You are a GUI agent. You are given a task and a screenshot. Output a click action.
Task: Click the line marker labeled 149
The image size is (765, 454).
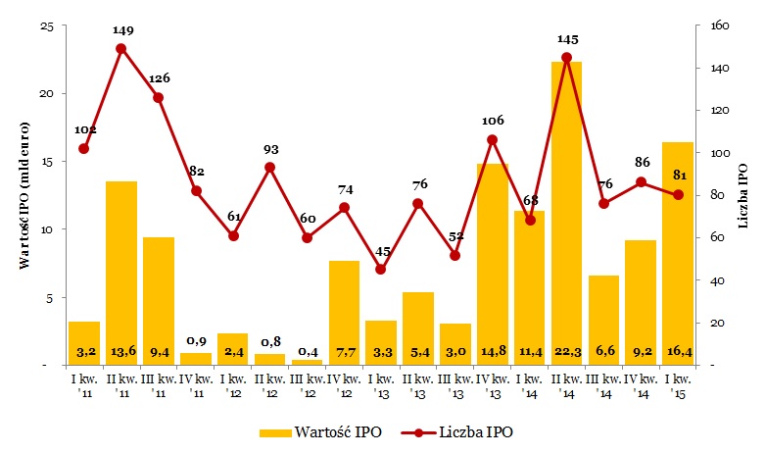(121, 48)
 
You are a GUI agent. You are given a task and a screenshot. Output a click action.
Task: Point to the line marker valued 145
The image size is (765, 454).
(566, 57)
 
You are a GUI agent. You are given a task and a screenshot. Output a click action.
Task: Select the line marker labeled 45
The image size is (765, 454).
(381, 270)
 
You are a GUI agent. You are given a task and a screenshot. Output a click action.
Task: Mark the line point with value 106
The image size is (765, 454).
(492, 140)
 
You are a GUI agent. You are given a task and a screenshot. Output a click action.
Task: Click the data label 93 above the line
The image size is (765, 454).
(270, 150)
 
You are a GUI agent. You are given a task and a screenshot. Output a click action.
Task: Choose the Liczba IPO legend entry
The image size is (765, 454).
(460, 431)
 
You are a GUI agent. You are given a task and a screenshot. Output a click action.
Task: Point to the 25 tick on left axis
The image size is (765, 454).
(45, 25)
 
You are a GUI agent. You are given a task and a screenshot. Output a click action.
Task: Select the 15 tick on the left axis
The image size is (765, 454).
(45, 162)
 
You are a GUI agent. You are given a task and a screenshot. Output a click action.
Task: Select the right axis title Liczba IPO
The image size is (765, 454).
(744, 196)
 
